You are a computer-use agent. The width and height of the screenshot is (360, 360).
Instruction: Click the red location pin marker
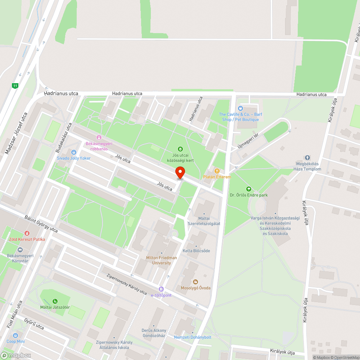(x=180, y=173)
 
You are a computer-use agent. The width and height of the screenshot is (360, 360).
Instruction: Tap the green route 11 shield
(x=15, y=86)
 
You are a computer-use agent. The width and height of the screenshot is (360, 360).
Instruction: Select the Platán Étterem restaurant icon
(x=217, y=171)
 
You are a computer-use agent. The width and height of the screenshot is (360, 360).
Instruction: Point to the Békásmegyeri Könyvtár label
(x=20, y=258)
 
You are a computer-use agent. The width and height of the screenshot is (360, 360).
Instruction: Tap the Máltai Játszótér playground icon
(x=55, y=301)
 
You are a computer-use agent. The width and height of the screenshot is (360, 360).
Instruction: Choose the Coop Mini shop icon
(x=16, y=336)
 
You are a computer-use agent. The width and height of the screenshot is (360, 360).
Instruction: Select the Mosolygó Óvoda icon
(x=195, y=282)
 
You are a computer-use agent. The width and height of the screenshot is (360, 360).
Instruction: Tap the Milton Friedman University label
(x=161, y=260)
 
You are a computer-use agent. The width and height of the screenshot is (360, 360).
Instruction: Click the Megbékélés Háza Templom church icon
(x=307, y=158)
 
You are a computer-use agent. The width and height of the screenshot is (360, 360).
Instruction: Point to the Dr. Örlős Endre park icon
(x=248, y=189)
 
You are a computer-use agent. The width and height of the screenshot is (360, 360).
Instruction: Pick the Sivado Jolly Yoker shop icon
(x=74, y=152)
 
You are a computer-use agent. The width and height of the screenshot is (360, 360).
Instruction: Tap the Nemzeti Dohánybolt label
(x=193, y=337)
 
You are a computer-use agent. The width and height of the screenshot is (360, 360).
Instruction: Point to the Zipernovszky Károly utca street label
(x=127, y=284)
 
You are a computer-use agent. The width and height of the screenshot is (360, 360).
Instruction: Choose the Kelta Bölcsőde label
(x=196, y=251)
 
